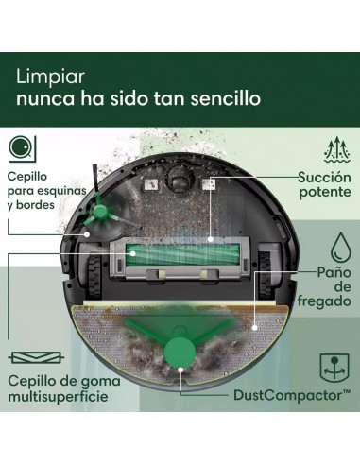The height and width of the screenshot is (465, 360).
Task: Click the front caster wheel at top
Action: pos(176,181)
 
